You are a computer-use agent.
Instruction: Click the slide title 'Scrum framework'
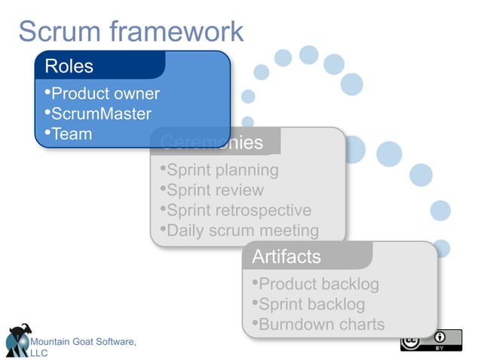pos(130,32)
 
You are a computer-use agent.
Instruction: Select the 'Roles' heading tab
pos(69,66)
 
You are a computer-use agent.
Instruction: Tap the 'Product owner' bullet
pos(102,94)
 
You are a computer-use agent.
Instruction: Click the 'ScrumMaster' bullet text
pos(98,114)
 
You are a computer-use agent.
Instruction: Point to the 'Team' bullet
pos(69,135)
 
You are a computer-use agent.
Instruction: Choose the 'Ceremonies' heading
pos(212,142)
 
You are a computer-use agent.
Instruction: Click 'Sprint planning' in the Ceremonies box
pos(219,170)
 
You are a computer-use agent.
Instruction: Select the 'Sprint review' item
pos(212,191)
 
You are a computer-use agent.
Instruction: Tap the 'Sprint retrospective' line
pos(235,211)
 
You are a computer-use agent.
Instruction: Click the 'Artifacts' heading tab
pos(286,257)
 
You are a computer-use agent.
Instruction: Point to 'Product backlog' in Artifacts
pos(315,285)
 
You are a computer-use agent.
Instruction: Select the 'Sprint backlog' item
pos(308,305)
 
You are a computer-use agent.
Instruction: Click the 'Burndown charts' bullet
pos(318,325)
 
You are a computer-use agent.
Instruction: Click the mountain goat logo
pos(18,340)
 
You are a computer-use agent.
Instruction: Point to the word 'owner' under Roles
pos(136,94)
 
